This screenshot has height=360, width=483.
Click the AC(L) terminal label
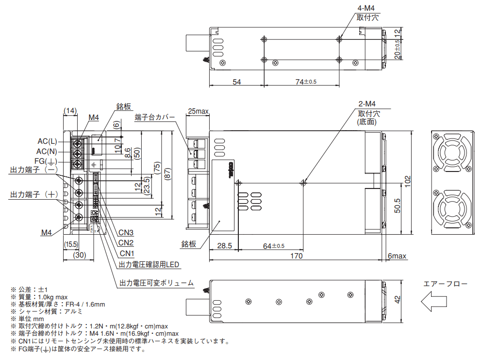point(47,141)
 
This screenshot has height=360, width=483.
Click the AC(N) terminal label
point(47,151)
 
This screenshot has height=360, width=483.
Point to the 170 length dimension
point(296,256)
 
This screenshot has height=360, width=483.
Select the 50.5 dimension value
point(397,206)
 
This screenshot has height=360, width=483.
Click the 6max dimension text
point(397,256)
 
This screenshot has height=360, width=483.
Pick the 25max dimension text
point(198,112)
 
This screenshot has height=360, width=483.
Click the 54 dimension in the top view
point(236,82)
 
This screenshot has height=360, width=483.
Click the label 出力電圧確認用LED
point(150,265)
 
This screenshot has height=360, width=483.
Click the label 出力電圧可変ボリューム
point(156,283)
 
